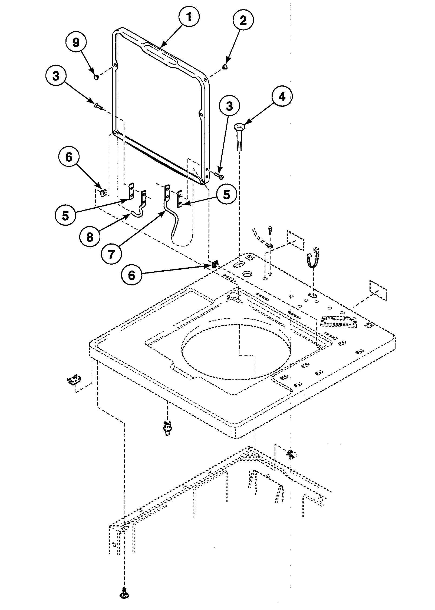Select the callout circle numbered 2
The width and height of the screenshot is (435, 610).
pos(243,21)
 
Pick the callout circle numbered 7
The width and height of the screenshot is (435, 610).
pos(112,254)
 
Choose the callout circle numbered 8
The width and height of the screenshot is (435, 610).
pos(90,237)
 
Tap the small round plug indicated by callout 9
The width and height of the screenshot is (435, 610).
pos(96,78)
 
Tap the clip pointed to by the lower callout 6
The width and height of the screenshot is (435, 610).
pos(215,264)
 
